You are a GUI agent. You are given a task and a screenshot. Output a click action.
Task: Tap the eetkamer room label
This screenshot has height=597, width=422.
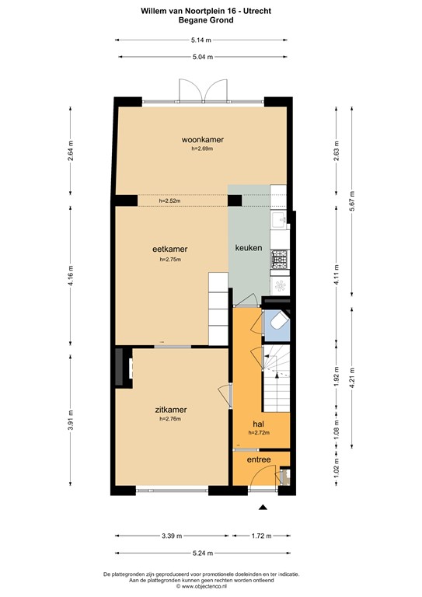click(169, 249)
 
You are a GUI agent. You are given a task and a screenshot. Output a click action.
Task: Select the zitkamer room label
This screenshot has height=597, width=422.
click(169, 409)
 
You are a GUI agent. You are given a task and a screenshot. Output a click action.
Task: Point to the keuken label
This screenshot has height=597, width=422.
click(249, 248)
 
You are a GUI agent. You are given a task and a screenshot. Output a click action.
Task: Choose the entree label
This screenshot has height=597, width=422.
click(258, 460)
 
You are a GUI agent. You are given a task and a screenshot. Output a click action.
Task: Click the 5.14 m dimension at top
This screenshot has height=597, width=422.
click(203, 40)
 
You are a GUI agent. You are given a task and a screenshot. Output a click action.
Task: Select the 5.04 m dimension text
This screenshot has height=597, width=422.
click(203, 56)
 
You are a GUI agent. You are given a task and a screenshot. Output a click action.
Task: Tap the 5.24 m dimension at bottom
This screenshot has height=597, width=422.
click(203, 553)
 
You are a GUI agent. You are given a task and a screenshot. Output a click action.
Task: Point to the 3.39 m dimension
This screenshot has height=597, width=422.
click(173, 536)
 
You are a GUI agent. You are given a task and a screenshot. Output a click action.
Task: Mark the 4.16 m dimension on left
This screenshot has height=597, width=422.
click(71, 275)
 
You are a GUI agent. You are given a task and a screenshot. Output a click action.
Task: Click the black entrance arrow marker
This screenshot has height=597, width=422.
click(263, 507)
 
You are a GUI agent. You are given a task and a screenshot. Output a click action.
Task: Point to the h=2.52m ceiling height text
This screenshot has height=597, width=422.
click(169, 201)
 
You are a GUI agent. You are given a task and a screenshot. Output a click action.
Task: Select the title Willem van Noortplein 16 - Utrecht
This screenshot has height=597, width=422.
click(210, 11)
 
